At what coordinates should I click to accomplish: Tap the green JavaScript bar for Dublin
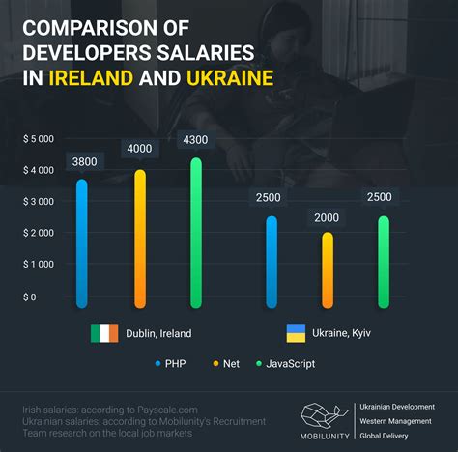coord(196,233)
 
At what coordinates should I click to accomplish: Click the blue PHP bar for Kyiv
coord(272,262)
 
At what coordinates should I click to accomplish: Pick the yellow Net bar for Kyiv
coord(328,269)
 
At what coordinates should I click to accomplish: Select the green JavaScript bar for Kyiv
coord(385,262)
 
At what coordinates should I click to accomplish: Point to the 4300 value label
coord(196,140)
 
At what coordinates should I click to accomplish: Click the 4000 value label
coord(139,150)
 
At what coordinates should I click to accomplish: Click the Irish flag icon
coord(103,333)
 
